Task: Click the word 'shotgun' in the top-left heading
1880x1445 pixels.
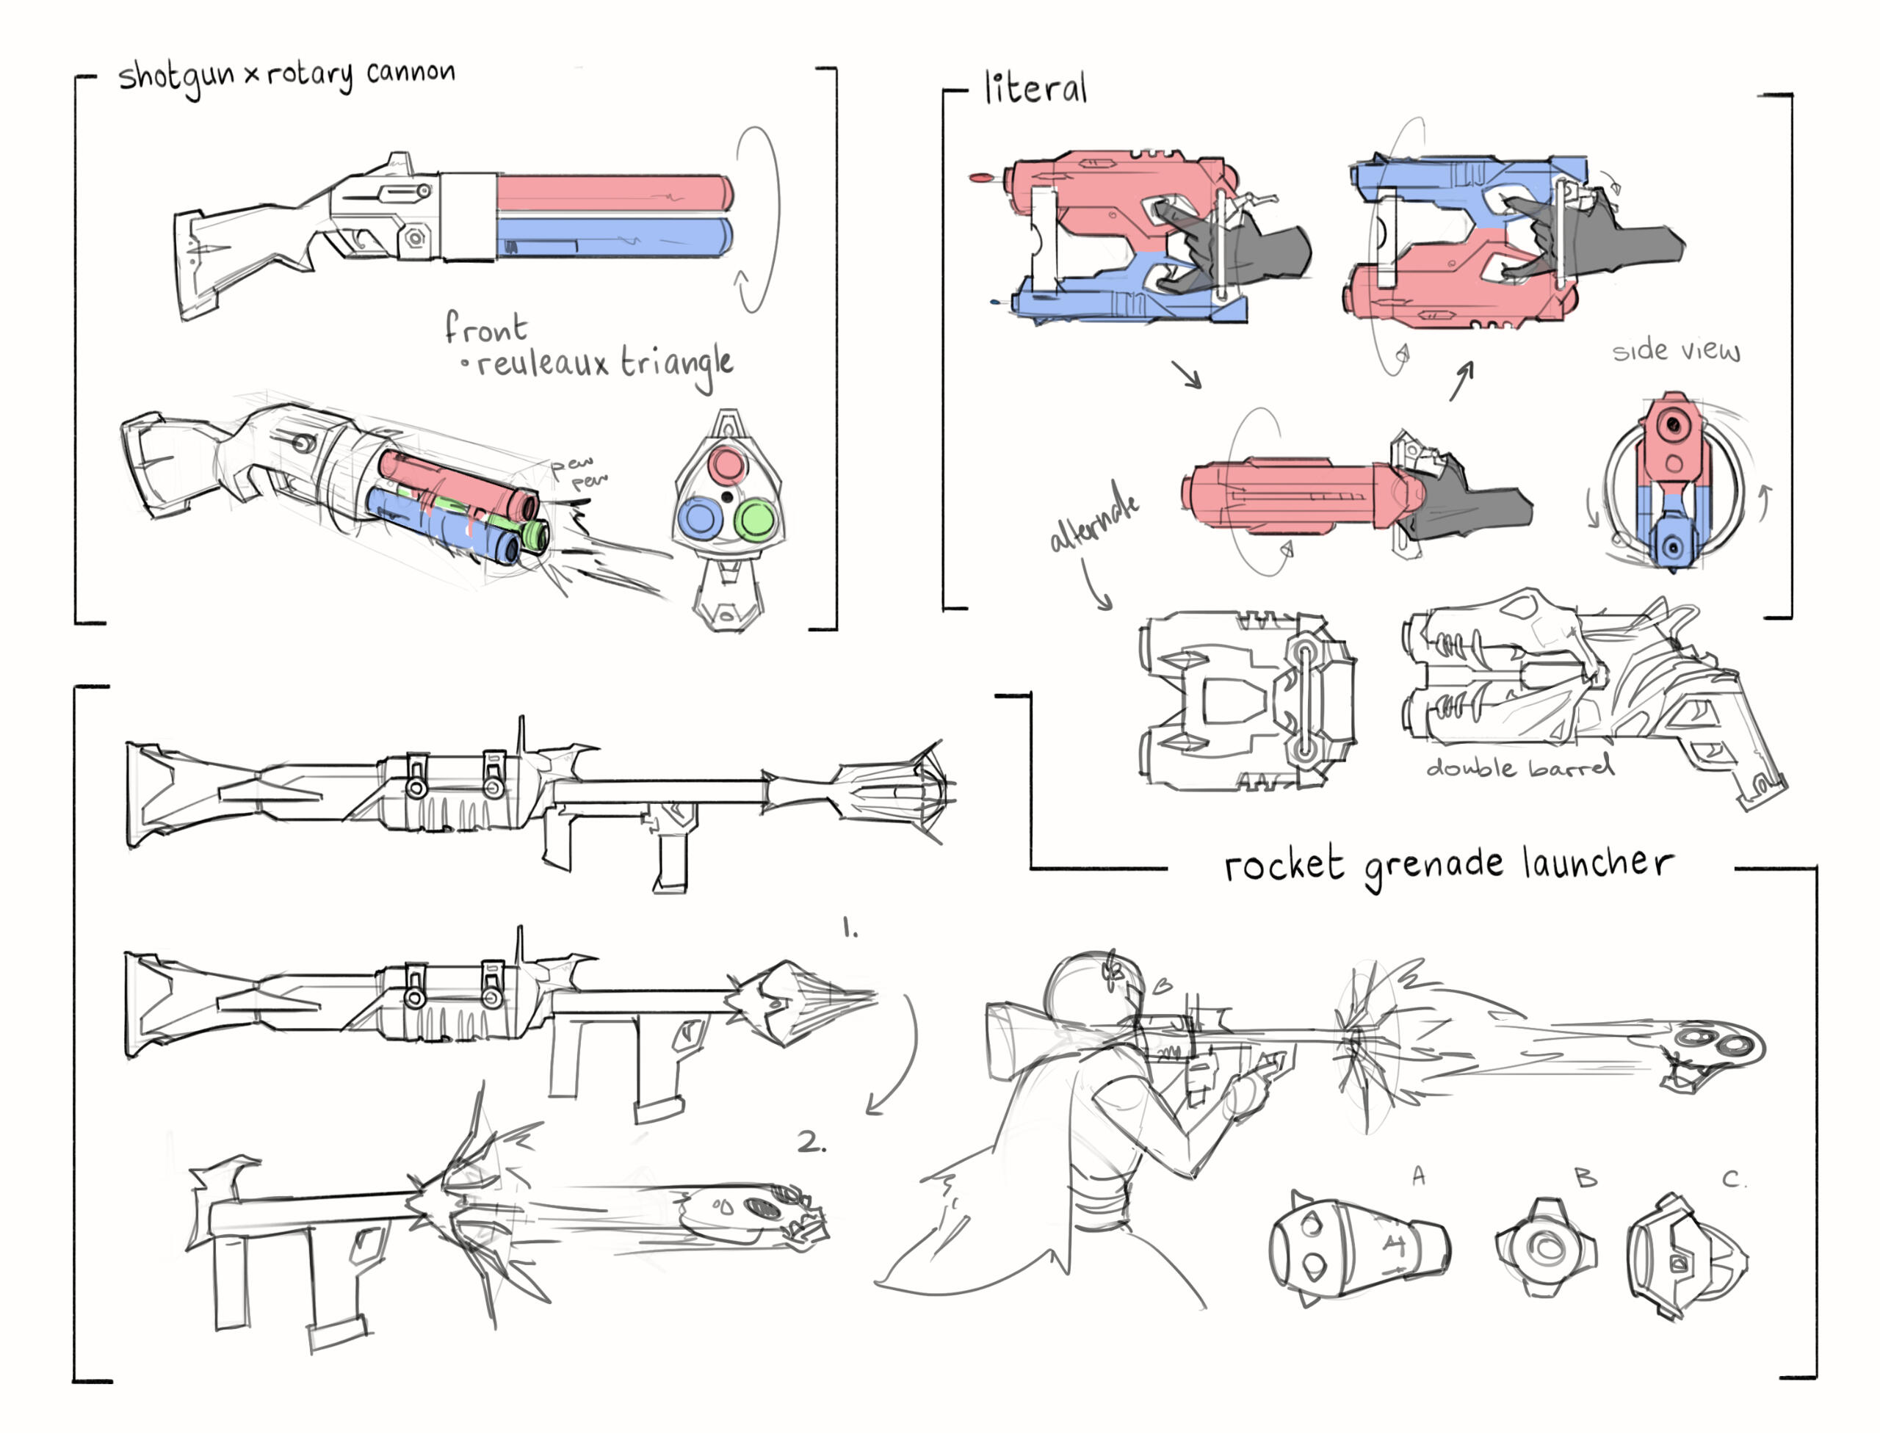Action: (176, 77)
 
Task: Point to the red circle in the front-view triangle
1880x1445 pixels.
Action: (728, 465)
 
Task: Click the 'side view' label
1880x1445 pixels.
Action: (1674, 351)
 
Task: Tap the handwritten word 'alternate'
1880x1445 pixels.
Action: (1094, 516)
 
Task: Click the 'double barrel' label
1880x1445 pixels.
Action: (1519, 767)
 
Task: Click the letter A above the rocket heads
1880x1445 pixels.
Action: (1418, 1175)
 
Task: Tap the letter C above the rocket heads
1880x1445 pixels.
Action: (1733, 1179)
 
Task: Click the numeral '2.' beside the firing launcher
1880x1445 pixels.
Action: (810, 1143)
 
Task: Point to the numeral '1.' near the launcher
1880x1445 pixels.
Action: (850, 928)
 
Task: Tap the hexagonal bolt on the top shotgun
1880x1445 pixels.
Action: (416, 236)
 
